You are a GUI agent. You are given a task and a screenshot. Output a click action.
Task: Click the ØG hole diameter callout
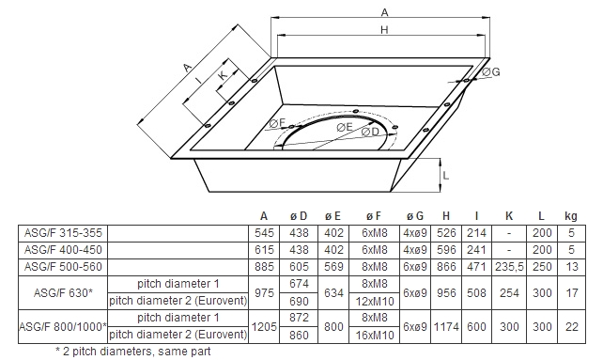tap(490, 72)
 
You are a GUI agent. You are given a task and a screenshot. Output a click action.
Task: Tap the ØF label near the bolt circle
tap(277, 123)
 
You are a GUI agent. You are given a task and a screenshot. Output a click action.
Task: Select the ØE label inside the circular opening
tap(344, 127)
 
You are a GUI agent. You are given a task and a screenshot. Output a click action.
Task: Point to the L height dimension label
tap(446, 176)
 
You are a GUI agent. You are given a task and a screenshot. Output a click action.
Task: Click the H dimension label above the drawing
tap(384, 30)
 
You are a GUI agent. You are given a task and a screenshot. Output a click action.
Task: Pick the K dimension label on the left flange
tap(223, 74)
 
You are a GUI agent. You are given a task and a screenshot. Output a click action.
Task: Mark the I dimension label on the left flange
tap(198, 81)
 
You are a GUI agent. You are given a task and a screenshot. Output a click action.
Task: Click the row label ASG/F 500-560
tap(63, 267)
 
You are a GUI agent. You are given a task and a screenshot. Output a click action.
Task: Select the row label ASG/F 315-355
tap(63, 233)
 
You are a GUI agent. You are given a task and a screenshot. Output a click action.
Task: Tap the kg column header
tap(571, 216)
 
